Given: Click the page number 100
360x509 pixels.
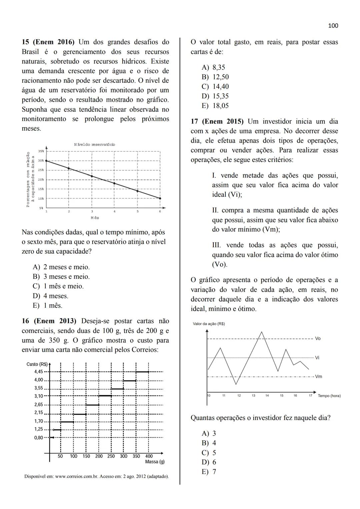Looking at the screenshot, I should point(333,26).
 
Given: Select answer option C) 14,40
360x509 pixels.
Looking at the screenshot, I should point(215,87).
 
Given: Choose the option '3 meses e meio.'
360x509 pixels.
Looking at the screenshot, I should point(61,277).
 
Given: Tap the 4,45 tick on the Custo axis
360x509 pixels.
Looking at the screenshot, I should point(39,372).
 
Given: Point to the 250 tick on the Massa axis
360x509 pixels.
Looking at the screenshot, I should point(111,456).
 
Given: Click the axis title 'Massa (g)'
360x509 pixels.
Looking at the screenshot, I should point(155,462).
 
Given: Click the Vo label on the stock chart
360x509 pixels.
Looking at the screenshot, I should point(318,339).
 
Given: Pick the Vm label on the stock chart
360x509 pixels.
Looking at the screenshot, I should point(318,377).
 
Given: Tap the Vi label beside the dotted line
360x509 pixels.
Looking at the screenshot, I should point(317,358).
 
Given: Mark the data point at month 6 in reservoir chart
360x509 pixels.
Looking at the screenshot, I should point(160,198).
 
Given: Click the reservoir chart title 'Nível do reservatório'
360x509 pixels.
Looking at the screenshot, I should point(94,144).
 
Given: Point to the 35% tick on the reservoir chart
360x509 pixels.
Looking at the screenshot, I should point(41,151).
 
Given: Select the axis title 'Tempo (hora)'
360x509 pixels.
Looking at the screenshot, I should point(329,396).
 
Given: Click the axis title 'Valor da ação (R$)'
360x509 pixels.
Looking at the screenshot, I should point(209,324).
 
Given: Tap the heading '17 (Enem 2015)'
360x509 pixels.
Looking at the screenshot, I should point(217,122).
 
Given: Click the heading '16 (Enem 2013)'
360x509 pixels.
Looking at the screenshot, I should point(49,321).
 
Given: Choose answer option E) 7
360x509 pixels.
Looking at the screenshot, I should point(209,472).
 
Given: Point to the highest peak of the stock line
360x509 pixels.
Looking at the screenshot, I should point(262,332).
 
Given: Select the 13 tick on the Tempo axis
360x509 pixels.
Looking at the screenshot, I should point(253,396).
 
